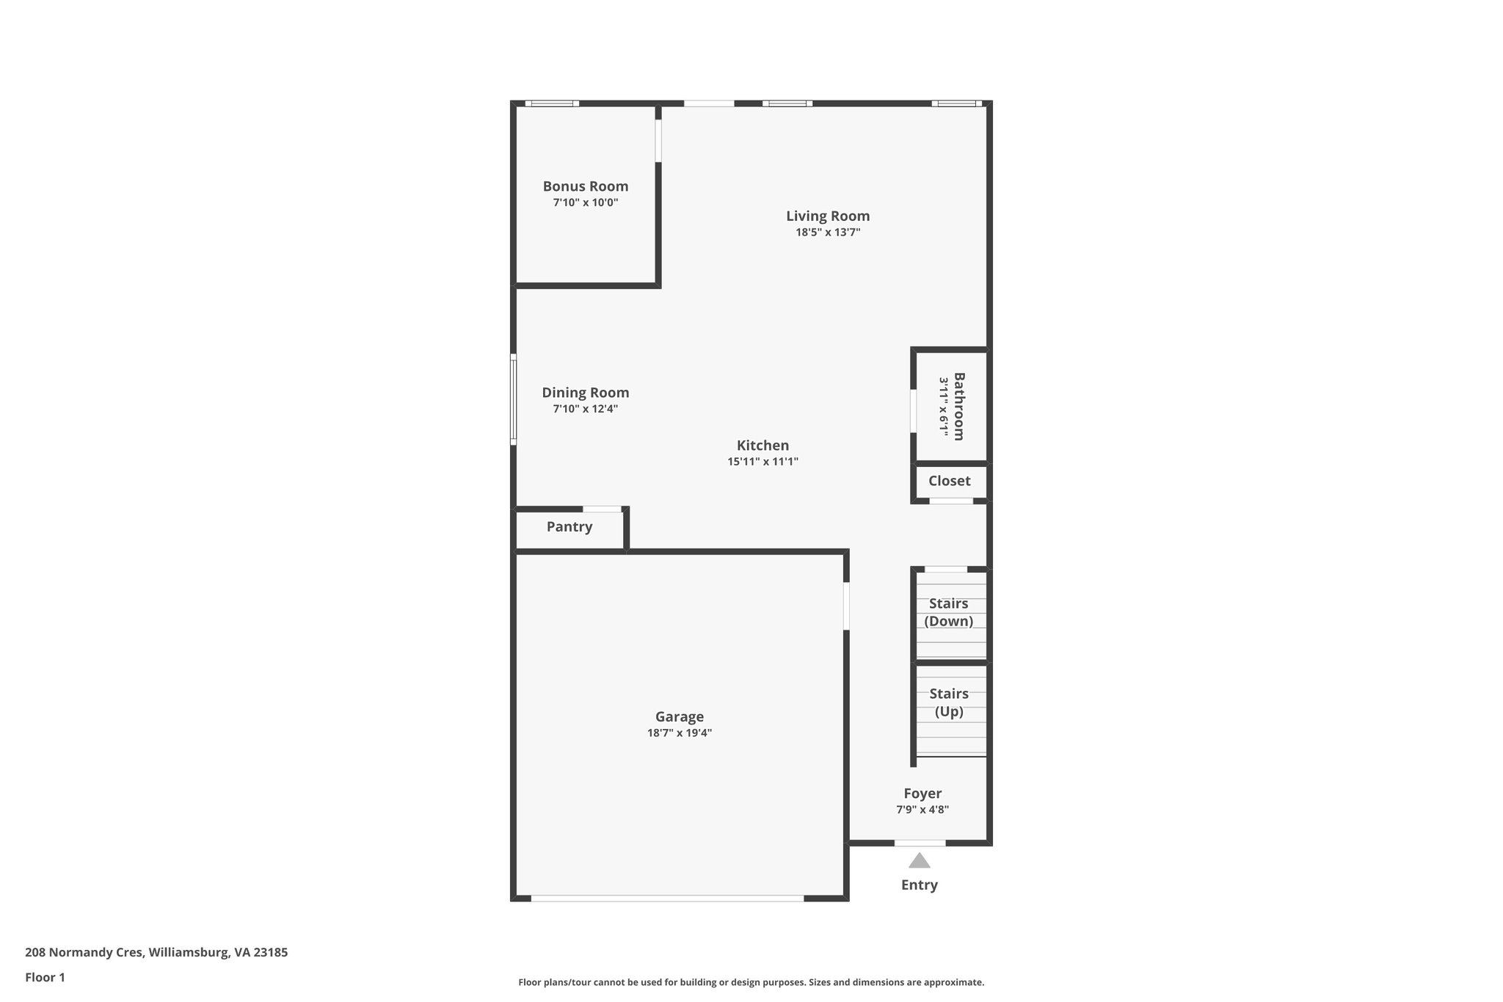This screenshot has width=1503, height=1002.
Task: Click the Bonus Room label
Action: click(585, 186)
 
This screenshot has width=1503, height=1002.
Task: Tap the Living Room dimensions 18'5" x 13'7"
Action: click(828, 233)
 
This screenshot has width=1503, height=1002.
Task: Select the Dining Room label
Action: click(585, 393)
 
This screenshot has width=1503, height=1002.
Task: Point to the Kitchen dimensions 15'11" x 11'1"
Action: click(763, 462)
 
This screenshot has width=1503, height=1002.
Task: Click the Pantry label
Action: click(569, 526)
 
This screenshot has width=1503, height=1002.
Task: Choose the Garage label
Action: click(679, 716)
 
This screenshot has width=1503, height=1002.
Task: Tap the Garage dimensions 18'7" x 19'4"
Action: click(679, 733)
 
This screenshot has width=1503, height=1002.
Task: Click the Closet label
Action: click(949, 481)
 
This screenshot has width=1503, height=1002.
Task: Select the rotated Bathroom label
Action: click(958, 406)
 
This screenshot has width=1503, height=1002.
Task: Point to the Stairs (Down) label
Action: click(948, 612)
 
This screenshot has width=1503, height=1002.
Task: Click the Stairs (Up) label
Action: click(948, 703)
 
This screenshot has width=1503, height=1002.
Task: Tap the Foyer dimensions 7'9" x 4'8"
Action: click(922, 810)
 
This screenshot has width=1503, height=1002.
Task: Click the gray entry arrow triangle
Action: click(919, 860)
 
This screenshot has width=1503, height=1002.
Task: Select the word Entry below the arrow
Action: click(919, 885)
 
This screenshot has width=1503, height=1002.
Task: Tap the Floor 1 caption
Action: click(45, 978)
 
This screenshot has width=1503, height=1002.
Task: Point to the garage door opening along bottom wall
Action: click(667, 898)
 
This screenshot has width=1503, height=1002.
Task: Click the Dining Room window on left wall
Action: click(513, 399)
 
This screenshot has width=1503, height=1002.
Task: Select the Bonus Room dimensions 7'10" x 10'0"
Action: click(585, 203)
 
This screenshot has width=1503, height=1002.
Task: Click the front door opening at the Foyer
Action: click(920, 843)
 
